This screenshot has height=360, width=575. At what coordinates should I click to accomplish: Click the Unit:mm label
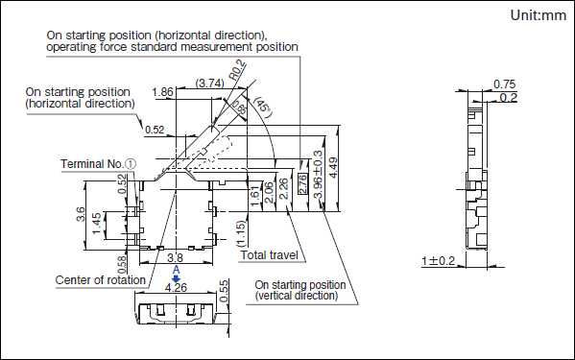tap(538, 15)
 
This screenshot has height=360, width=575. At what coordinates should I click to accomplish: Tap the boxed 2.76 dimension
tap(302, 183)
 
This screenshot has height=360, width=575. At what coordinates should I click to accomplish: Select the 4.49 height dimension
tap(333, 168)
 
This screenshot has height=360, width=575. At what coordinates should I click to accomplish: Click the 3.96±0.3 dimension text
tap(318, 174)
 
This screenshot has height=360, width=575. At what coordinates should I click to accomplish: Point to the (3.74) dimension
tap(209, 84)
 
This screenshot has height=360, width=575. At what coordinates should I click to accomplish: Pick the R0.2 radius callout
tap(238, 70)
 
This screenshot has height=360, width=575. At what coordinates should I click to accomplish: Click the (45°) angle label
tap(263, 108)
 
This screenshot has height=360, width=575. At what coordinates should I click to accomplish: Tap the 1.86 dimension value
tap(162, 91)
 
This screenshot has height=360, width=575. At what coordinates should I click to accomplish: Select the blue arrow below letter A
tap(176, 278)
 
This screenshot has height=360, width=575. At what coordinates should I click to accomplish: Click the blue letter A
tap(177, 270)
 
